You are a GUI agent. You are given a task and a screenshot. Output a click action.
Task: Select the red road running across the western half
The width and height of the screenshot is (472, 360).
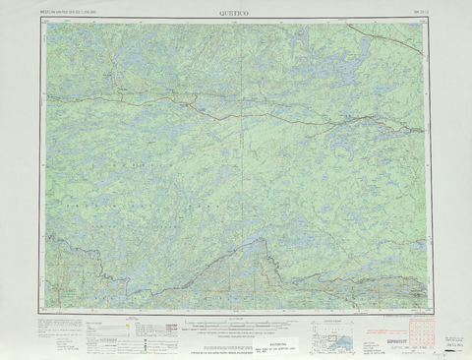[147, 98]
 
